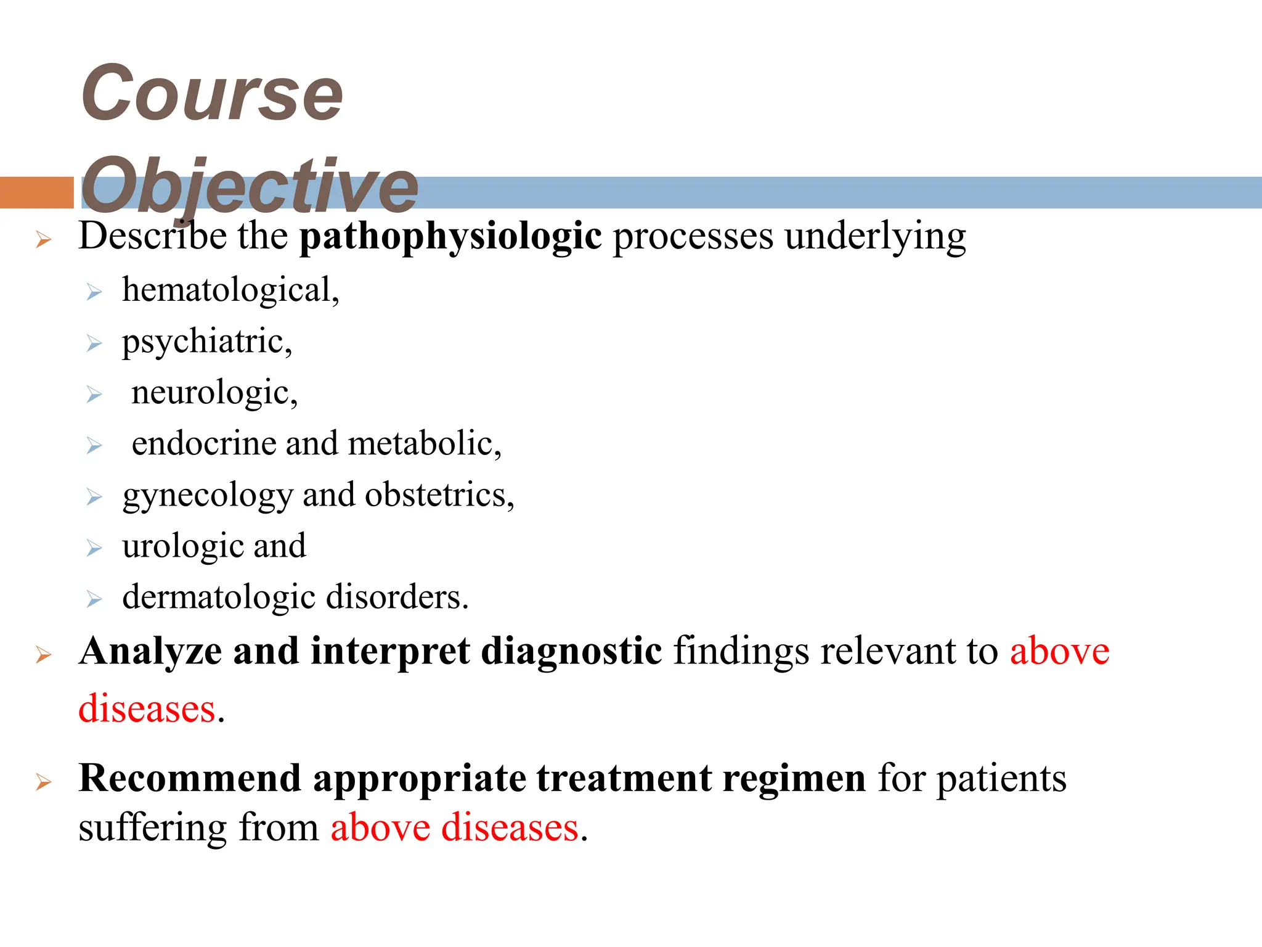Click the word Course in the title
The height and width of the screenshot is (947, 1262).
click(x=211, y=94)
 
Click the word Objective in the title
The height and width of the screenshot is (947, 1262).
click(x=250, y=185)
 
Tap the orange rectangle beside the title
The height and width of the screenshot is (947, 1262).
click(x=36, y=192)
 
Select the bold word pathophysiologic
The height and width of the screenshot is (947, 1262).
click(x=450, y=236)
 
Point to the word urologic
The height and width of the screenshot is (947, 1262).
click(x=182, y=546)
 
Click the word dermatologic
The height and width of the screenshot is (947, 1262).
click(x=219, y=597)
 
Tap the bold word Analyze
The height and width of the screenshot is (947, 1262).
click(x=150, y=652)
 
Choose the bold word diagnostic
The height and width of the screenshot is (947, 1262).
click(x=571, y=652)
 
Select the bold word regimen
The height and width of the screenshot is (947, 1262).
click(x=794, y=779)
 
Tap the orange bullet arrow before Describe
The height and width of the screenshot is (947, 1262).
click(x=43, y=239)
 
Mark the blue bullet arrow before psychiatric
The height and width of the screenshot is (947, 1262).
click(x=94, y=343)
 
